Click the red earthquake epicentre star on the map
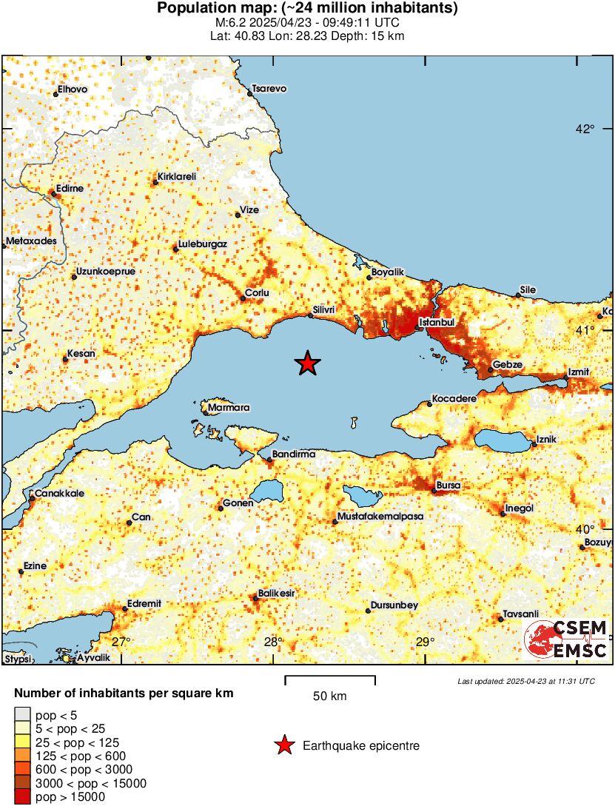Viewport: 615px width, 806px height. tap(308, 363)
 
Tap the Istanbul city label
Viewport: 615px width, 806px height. tap(437, 323)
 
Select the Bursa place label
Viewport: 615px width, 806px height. tap(448, 486)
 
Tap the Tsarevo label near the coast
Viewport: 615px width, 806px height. tap(269, 89)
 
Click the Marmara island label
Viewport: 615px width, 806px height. tap(229, 408)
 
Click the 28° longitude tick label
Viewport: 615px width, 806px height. tap(272, 642)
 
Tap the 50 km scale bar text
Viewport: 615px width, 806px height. tap(329, 696)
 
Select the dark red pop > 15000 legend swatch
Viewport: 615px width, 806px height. tap(22, 796)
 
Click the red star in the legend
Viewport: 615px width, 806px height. tap(284, 746)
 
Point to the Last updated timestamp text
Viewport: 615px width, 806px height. tap(525, 681)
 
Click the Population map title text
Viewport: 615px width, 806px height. tap(307, 9)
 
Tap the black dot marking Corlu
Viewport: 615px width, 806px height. tap(243, 299)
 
